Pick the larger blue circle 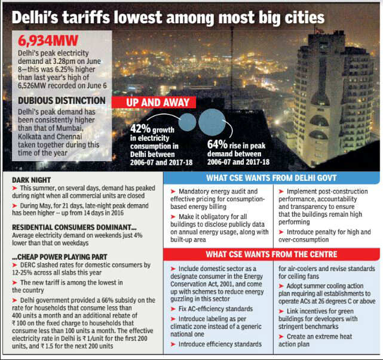point(215,122)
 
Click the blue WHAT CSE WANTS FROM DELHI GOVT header point(272,177)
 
